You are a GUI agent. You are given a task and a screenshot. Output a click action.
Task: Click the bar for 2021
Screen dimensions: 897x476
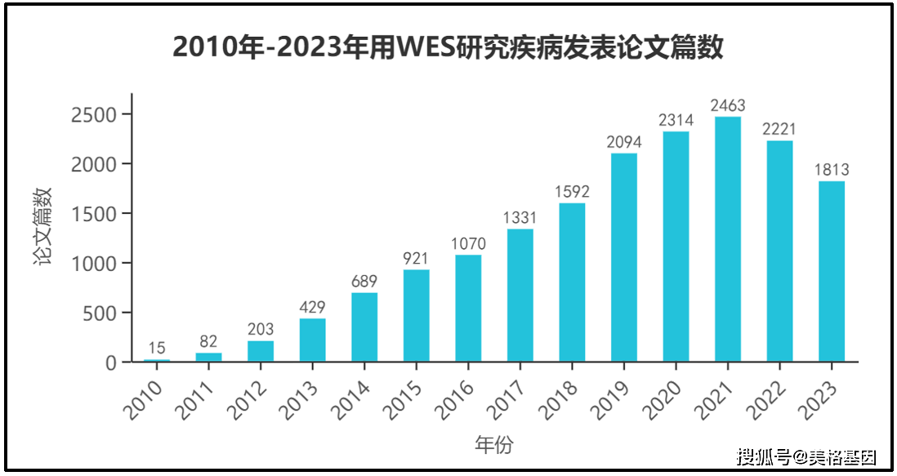tap(728, 239)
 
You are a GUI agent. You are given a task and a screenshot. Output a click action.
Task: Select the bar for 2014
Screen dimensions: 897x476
tap(364, 327)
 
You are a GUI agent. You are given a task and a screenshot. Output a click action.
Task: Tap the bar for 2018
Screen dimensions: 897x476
tap(572, 282)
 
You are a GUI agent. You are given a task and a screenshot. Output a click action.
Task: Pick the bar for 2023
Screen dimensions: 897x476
tap(831, 271)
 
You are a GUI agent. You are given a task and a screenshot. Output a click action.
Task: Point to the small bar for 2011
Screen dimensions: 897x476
tap(208, 357)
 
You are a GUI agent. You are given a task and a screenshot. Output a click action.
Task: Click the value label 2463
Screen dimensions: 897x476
tap(728, 105)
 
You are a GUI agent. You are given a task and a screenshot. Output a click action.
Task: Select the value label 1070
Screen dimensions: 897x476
tap(468, 244)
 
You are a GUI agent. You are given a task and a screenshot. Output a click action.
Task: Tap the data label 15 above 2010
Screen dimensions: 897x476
tap(157, 348)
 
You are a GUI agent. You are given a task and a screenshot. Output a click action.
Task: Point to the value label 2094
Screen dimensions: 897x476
tap(624, 142)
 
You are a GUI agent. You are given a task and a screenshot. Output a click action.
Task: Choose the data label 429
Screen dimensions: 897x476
tap(312, 308)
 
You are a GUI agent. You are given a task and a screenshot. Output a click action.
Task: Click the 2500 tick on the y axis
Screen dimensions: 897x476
tap(94, 115)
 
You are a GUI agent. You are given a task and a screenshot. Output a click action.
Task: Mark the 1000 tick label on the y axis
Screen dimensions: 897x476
tap(94, 264)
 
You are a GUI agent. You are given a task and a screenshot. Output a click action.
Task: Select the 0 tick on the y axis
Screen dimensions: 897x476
tap(111, 363)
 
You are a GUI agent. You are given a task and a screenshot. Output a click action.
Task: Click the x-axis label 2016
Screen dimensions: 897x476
tap(453, 399)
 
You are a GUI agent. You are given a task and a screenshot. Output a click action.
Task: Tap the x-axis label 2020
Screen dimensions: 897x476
tap(661, 399)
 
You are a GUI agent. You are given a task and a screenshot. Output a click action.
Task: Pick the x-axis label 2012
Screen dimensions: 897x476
tap(246, 399)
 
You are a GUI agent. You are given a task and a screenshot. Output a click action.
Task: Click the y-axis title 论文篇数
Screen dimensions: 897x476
tap(42, 226)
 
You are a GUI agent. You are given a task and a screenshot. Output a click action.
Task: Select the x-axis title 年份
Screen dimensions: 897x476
tap(494, 444)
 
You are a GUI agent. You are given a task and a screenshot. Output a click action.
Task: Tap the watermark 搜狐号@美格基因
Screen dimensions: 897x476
tap(806, 457)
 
